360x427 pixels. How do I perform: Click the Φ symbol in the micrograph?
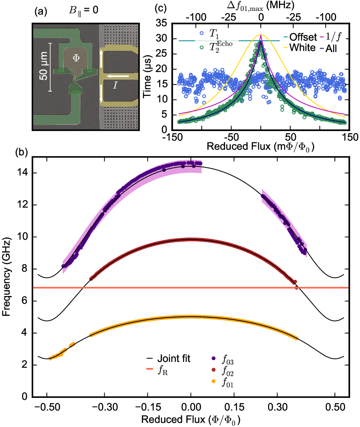[x=76, y=57]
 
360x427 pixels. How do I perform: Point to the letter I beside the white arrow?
[x=115, y=85]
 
